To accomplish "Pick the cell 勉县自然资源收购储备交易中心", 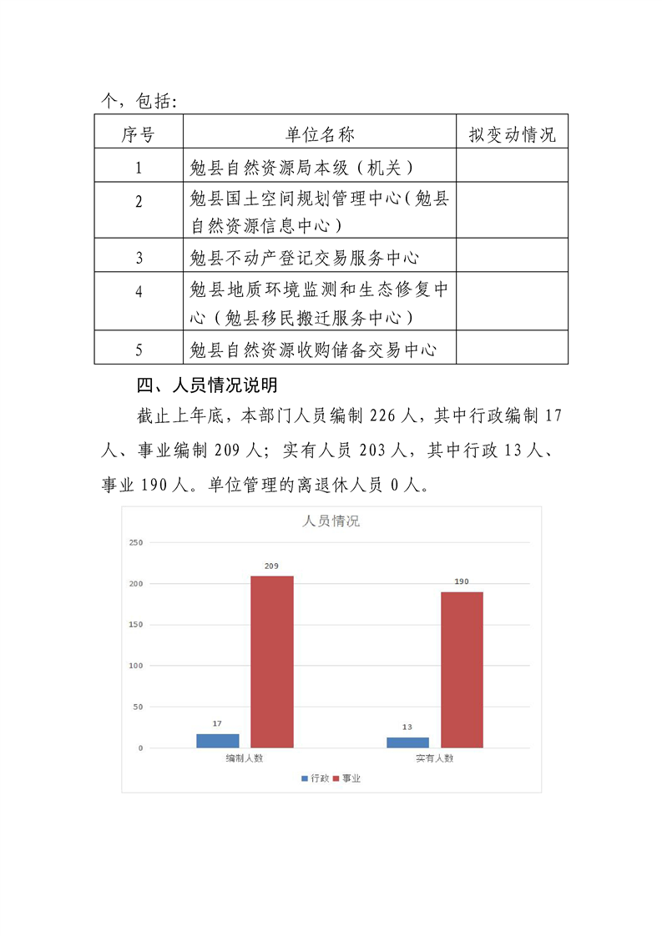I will pos(313,350).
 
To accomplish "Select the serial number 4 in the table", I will pos(139,292).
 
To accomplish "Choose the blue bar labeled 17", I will pos(218,741).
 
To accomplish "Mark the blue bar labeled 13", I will pos(407,742).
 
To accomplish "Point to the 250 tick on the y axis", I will pos(135,542).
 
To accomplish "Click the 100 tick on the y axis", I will pos(135,666).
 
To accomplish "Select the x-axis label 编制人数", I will pos(245,758).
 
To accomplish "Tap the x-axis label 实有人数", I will pos(434,758).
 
